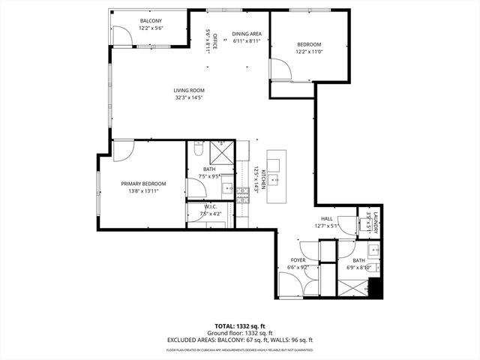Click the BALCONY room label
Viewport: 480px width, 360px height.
coord(151,20)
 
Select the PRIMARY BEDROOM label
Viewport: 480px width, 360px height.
coord(143,184)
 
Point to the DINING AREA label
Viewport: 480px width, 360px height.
coord(246,34)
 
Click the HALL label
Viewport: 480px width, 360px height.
coord(327,218)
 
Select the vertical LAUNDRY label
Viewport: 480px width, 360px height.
coord(376,221)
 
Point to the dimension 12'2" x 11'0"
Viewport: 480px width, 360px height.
coord(309,52)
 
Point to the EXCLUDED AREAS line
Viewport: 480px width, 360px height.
coord(240,340)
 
